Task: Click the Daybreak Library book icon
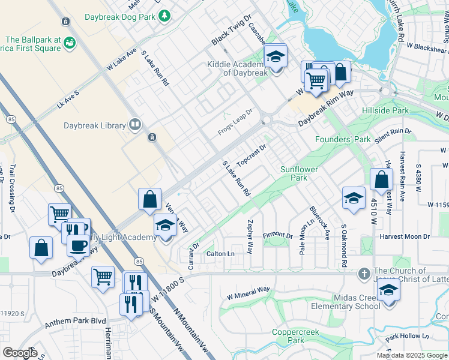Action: pyautogui.click(x=136, y=125)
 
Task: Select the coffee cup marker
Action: pyautogui.click(x=77, y=246)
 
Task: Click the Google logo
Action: pyautogui.click(x=20, y=353)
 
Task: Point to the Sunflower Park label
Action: pyautogui.click(x=302, y=173)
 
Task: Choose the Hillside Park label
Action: pyautogui.click(x=385, y=111)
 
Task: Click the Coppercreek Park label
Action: pyautogui.click(x=289, y=335)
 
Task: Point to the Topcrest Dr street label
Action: pyautogui.click(x=252, y=155)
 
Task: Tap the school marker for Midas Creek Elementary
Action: pyautogui.click(x=388, y=291)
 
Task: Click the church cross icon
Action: pyautogui.click(x=364, y=274)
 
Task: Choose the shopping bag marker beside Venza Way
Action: pyautogui.click(x=149, y=199)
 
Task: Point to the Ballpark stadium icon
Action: pyautogui.click(x=70, y=43)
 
